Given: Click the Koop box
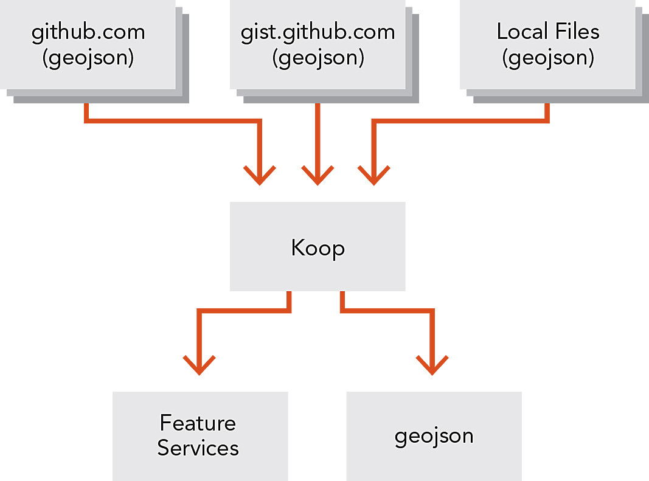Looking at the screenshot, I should click(x=318, y=246).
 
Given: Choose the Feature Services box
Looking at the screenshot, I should click(x=200, y=435).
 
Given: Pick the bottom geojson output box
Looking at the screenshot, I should click(x=434, y=435).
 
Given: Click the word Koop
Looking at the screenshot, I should click(x=318, y=247).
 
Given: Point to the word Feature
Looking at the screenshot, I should click(x=198, y=423).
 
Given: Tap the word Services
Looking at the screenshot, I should click(x=198, y=448).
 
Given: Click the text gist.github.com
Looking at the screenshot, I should click(x=318, y=32).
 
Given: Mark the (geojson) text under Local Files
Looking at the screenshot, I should click(x=547, y=58).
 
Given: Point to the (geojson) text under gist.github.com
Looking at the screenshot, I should click(x=318, y=58).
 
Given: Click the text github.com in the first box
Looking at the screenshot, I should click(x=88, y=32).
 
